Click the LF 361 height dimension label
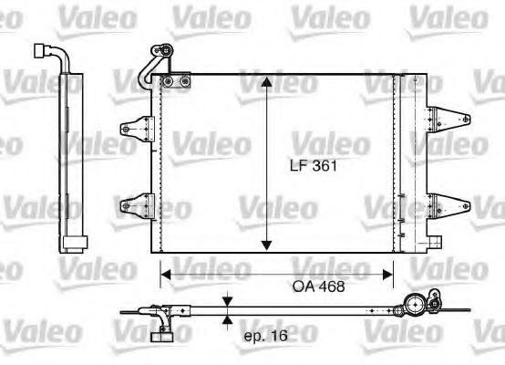point(312,167)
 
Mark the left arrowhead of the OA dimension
point(166,271)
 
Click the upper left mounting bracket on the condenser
point(137,130)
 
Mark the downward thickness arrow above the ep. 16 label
point(227,304)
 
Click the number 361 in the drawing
point(324,167)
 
